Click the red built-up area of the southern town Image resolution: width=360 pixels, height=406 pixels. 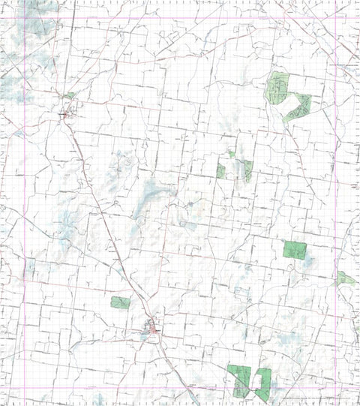153,329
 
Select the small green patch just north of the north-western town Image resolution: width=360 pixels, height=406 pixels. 70,96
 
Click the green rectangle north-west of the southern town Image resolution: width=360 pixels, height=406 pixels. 120,302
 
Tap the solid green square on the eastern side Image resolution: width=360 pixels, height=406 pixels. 295,250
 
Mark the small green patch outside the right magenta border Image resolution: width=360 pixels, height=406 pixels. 346,279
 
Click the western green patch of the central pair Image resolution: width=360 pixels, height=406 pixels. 221,171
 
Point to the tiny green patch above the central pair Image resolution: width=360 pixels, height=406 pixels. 232,155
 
